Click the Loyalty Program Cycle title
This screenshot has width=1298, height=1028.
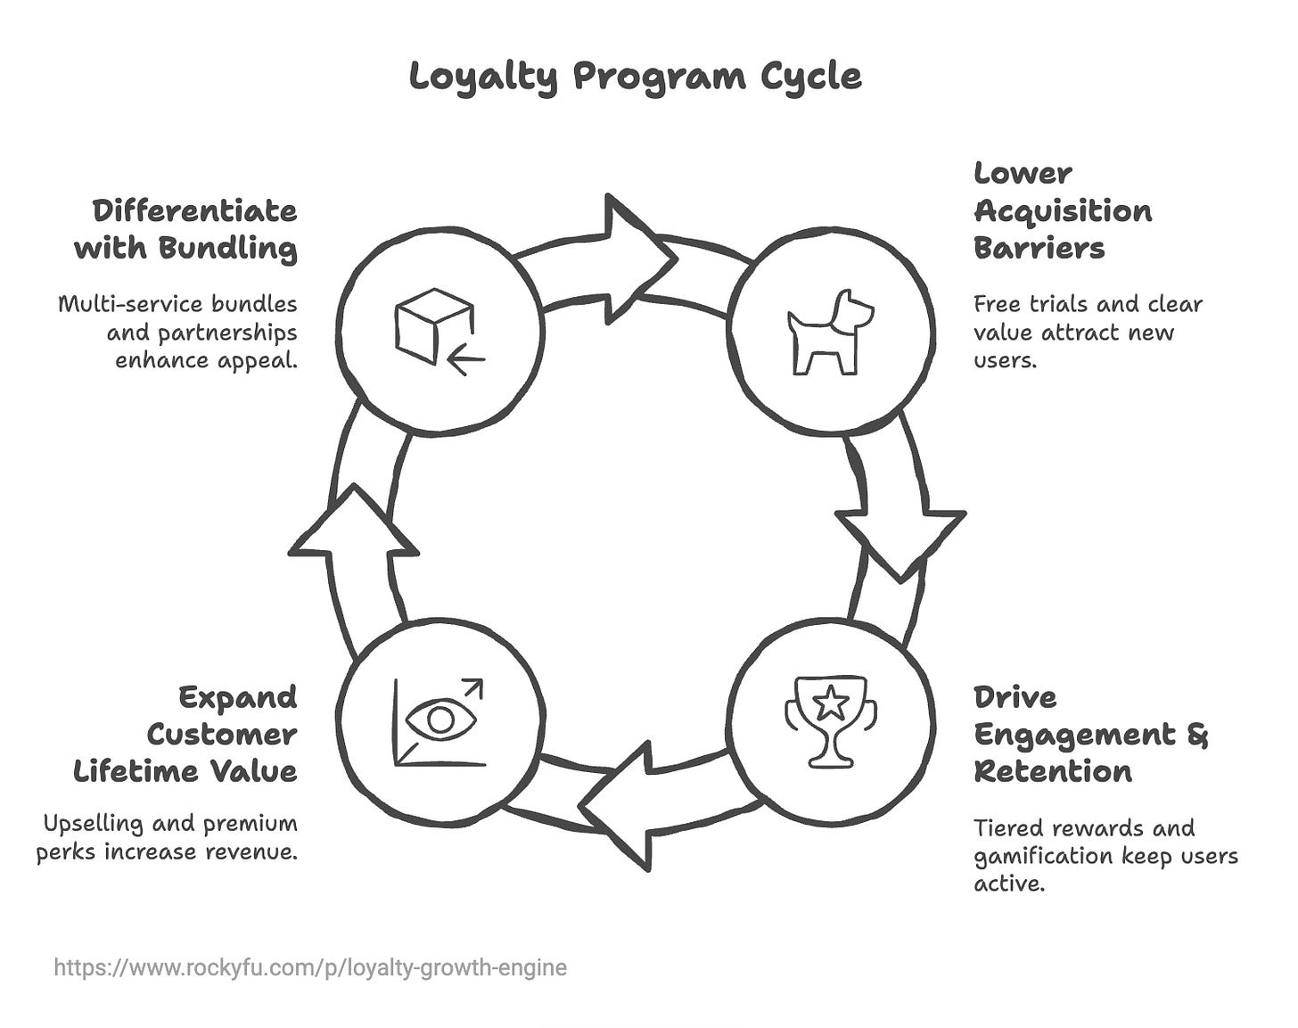pyautogui.click(x=636, y=77)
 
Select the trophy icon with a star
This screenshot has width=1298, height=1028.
pyautogui.click(x=831, y=720)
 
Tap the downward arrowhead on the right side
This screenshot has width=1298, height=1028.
pyautogui.click(x=900, y=539)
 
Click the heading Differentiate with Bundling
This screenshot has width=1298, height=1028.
pyautogui.click(x=186, y=229)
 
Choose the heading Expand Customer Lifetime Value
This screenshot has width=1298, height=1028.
pyautogui.click(x=185, y=734)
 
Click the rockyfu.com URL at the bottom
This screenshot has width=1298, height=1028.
pyautogui.click(x=310, y=967)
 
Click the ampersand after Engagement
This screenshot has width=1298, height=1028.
pyautogui.click(x=1197, y=736)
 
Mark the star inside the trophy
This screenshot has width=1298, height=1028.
pyautogui.click(x=832, y=703)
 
